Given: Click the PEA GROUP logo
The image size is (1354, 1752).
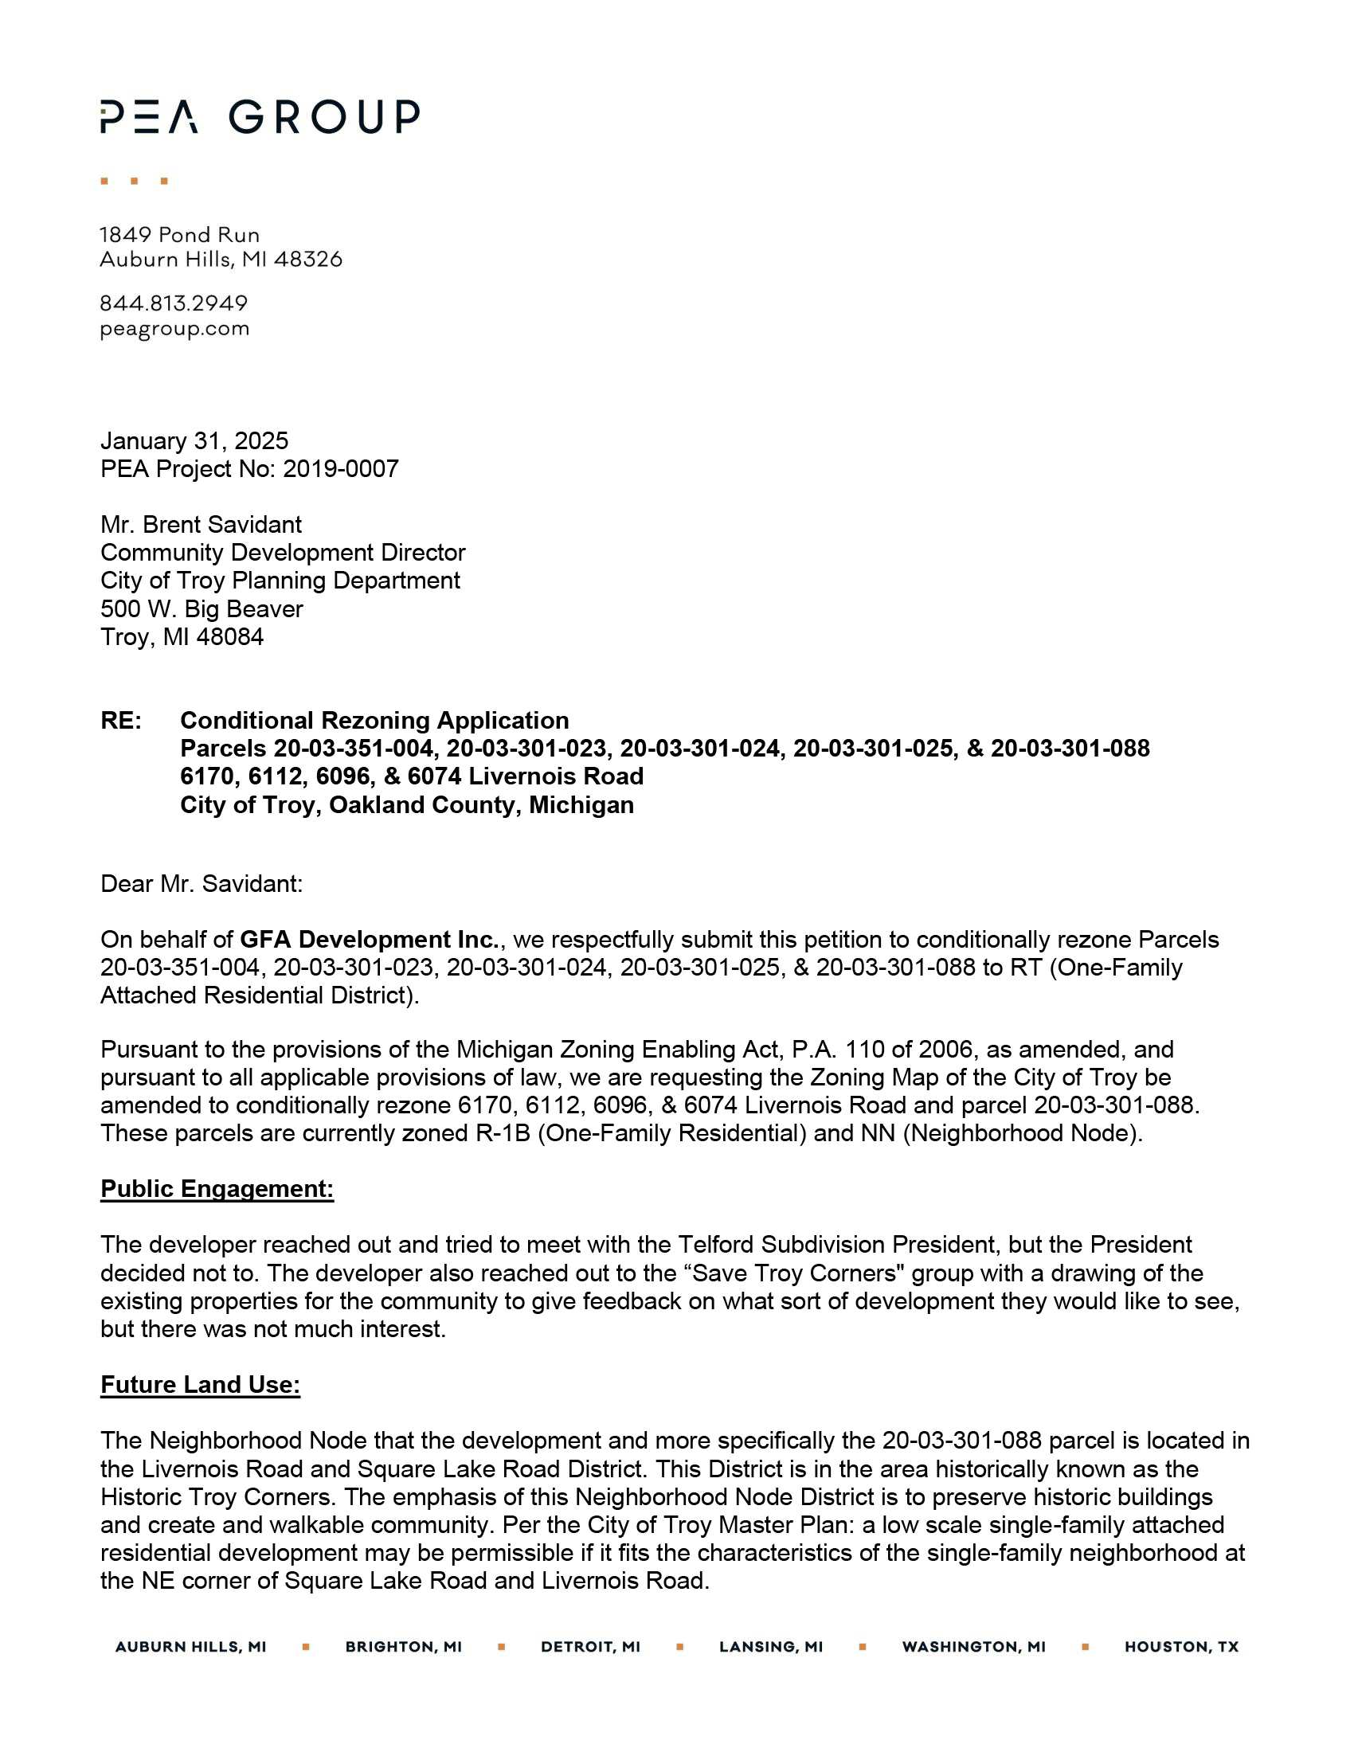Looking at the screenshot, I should coord(259,116).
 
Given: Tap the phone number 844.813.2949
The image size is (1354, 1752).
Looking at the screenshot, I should coord(174,303).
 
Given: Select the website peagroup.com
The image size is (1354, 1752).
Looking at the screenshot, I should coord(174,329).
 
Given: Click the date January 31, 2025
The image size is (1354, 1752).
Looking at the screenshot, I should coord(194,440).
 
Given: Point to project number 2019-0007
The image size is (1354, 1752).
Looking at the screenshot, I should coord(340,468).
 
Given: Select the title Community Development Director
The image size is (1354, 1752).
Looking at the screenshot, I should coord(283,552).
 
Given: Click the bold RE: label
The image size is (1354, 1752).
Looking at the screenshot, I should coord(120,720).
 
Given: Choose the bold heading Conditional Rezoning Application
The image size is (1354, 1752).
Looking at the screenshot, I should coord(374,720).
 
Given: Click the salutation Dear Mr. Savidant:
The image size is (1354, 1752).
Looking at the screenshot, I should coord(202,883).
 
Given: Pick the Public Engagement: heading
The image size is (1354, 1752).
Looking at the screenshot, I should coord(217,1188).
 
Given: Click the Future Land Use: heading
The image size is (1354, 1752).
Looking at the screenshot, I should coord(200,1384).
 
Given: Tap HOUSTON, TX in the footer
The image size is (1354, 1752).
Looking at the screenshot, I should coord(1180,1647).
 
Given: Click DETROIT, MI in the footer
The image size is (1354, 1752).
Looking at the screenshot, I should coord(590,1647).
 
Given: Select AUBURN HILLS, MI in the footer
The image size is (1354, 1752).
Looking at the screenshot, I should coord(190,1647).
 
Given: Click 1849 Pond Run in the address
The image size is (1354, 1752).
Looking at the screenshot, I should coord(180,234).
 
